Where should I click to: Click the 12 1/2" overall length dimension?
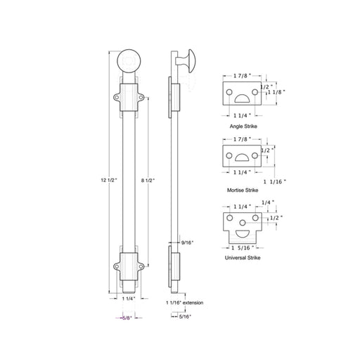[x=109, y=180]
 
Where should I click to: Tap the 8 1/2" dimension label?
[x=148, y=180]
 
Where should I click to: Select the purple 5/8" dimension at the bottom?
[x=127, y=318]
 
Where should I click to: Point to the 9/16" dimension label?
[x=188, y=243]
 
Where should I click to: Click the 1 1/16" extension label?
[x=185, y=302]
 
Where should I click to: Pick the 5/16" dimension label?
[x=185, y=316]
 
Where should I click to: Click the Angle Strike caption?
[x=243, y=127]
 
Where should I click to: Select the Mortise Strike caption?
[x=243, y=190]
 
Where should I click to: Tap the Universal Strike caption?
[x=243, y=258]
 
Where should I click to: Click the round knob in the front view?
[x=129, y=61]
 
